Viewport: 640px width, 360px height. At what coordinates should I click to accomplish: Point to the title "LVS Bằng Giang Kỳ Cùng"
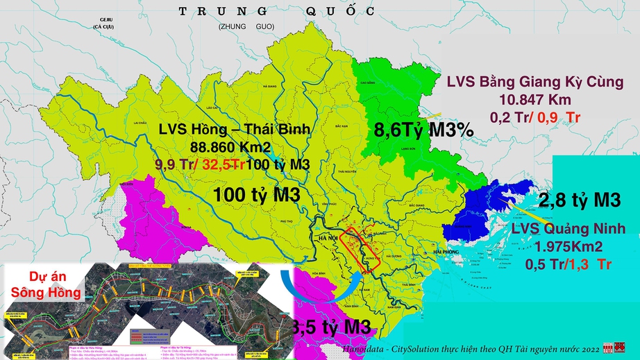[534, 83]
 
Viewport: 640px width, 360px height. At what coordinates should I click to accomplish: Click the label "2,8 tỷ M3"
[578, 200]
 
